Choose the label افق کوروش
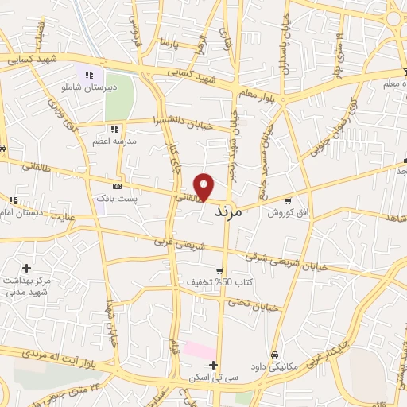pyautogui.click(x=282, y=213)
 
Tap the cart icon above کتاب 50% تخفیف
pyautogui.click(x=219, y=270)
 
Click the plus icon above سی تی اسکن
pyautogui.click(x=213, y=365)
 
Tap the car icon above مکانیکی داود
pyautogui.click(x=273, y=355)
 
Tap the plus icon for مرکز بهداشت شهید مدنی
pyautogui.click(x=27, y=269)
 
